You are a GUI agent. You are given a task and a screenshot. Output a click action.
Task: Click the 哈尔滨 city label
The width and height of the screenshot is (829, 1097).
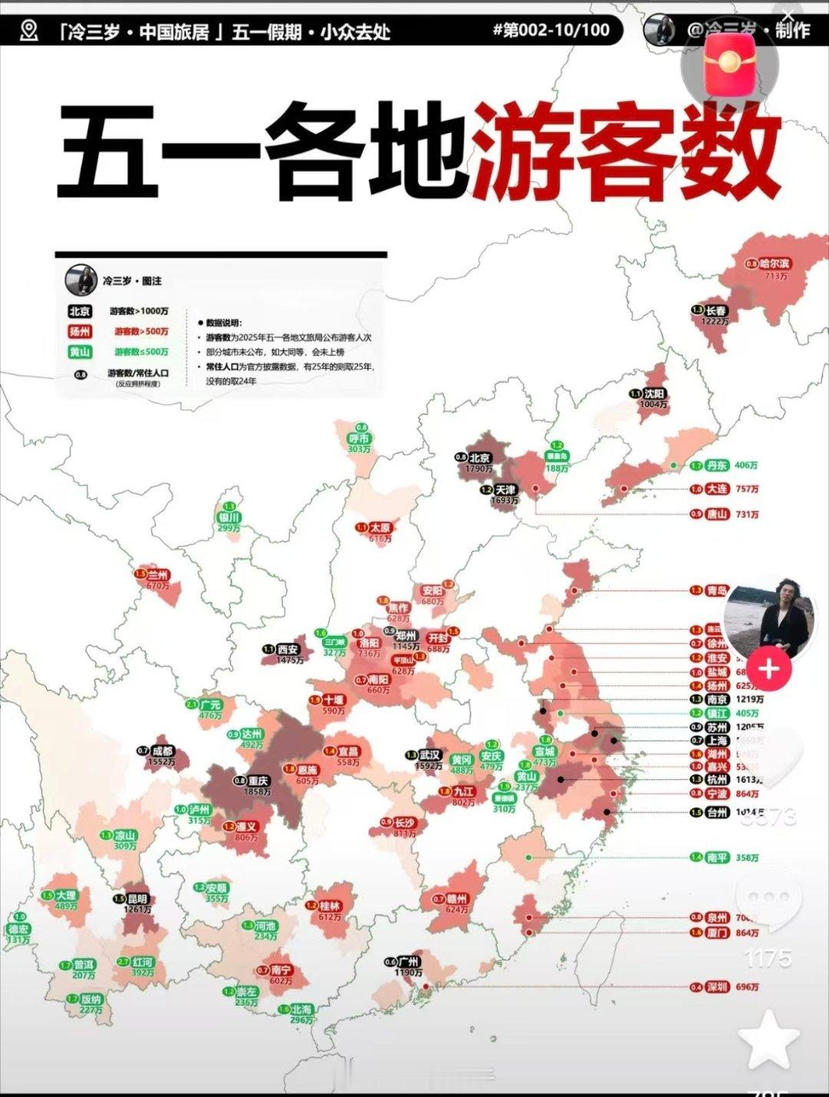[774, 263]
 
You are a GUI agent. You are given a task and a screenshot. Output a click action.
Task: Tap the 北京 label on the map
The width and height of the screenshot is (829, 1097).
[480, 457]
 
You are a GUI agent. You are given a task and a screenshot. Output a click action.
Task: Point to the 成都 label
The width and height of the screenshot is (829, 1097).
[163, 751]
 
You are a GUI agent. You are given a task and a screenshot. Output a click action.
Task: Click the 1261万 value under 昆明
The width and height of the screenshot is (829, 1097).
[137, 910]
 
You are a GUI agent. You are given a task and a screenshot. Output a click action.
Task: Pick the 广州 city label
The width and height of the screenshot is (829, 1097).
[408, 961]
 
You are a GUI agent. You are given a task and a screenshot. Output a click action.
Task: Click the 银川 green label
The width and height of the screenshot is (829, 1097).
[230, 518]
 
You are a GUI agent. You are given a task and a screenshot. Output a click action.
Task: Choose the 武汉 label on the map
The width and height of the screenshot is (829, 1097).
[429, 755]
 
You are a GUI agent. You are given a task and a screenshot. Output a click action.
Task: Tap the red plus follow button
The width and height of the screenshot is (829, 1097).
[768, 668]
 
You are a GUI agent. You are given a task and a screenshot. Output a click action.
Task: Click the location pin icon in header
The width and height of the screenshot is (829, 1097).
[29, 30]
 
